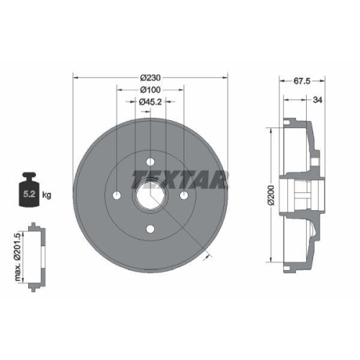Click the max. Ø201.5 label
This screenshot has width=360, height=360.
[x=17, y=256]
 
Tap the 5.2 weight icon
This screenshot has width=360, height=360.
[x=30, y=192]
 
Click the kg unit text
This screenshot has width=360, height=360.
[x=47, y=194]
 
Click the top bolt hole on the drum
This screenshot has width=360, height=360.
[x=150, y=162]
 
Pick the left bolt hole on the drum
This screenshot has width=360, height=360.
[x=117, y=195]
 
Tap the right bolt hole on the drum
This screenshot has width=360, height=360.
[x=184, y=195]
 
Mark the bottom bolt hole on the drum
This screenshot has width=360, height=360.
[x=150, y=229]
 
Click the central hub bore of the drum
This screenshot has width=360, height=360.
[x=150, y=196]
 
